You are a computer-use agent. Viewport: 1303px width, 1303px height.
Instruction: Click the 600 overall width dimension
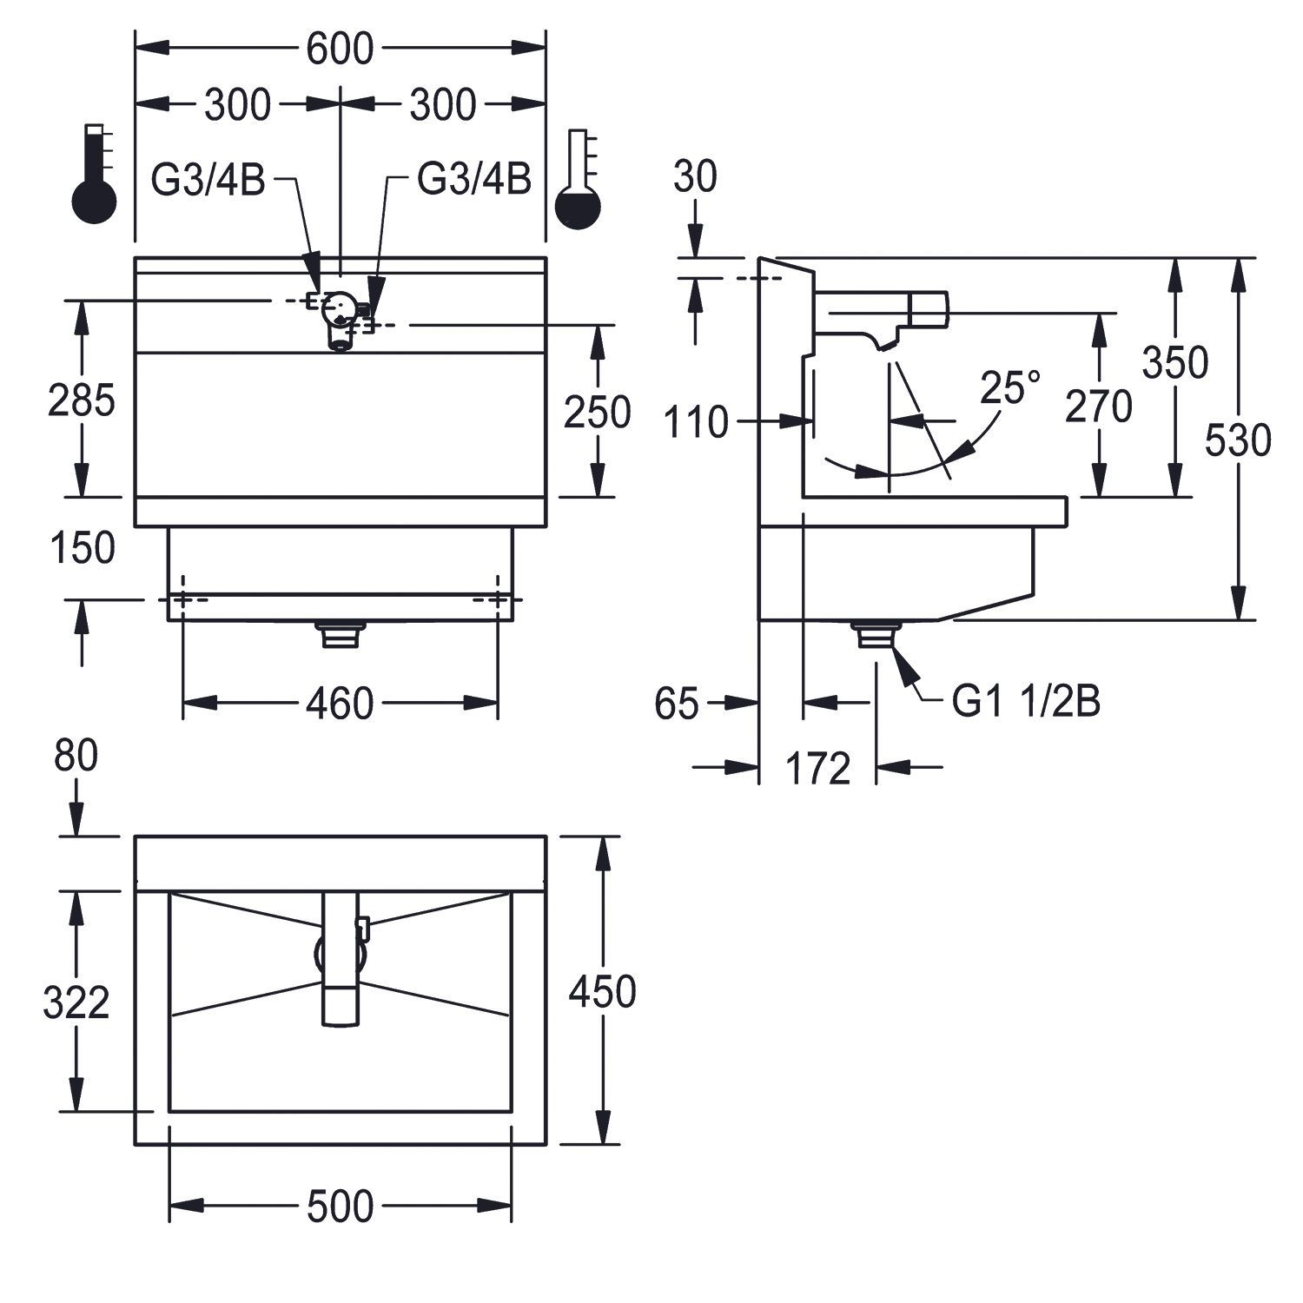[340, 50]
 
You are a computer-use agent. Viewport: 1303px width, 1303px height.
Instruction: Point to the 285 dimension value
[82, 401]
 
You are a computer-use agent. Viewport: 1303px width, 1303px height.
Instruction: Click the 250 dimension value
[598, 413]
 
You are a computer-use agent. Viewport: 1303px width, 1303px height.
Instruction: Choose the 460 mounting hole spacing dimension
[340, 703]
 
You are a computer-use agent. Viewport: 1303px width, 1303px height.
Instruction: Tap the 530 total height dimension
[1238, 440]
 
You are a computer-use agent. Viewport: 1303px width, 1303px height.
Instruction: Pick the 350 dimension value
[1175, 363]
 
